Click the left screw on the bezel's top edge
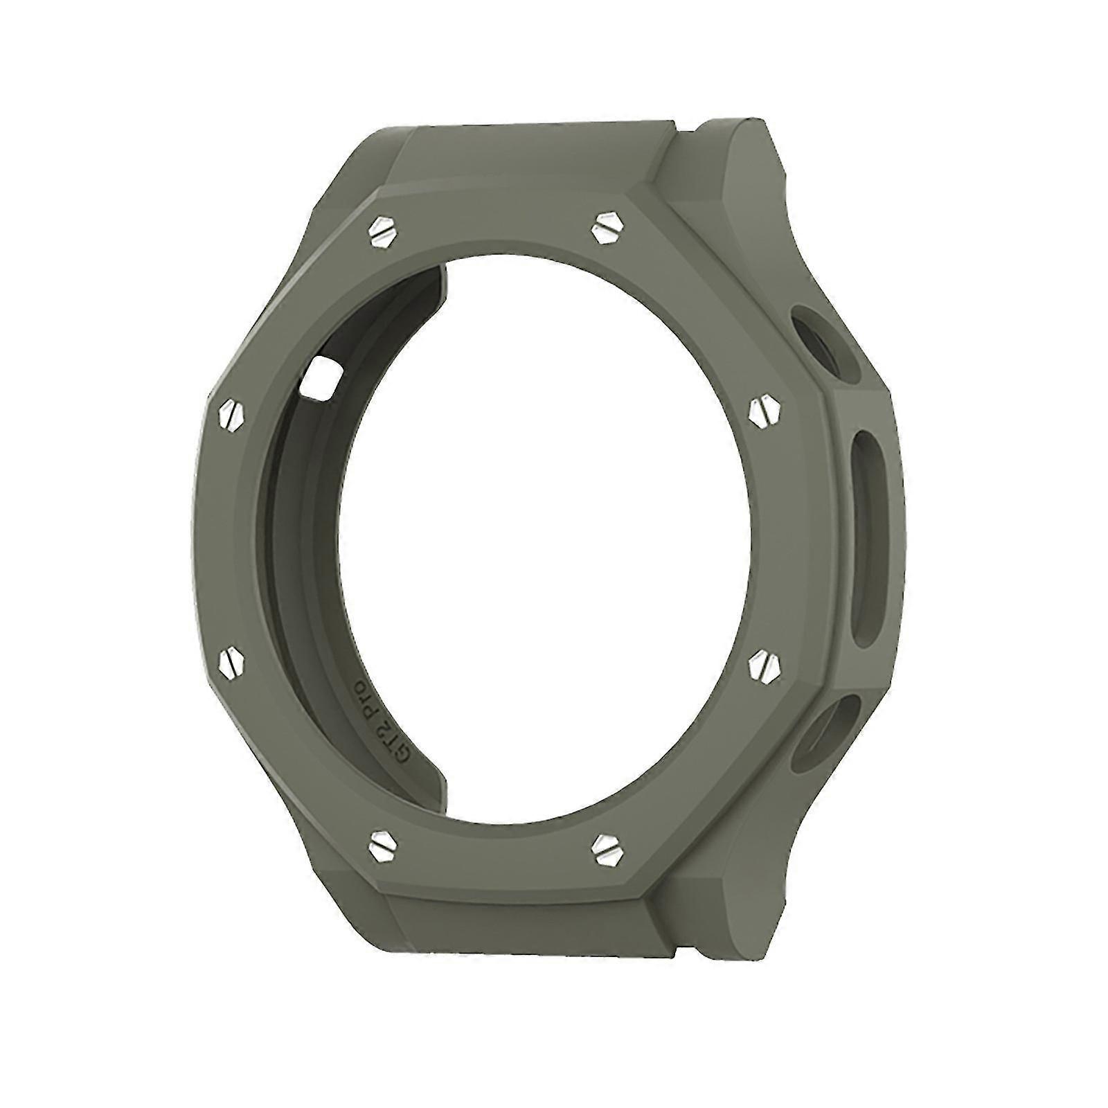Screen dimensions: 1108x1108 (382, 229)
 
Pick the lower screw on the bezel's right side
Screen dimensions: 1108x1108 (765, 665)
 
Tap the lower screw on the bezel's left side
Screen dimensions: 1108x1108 (232, 664)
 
